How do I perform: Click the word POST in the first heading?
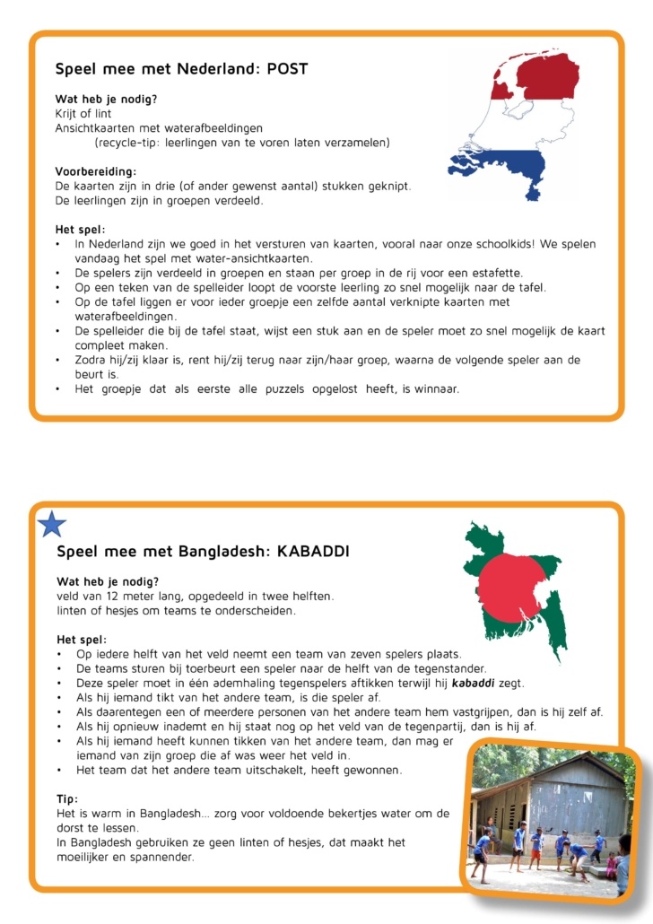(x=288, y=68)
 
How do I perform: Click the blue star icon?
(x=52, y=524)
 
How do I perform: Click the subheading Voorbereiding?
(x=95, y=171)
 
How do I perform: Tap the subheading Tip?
(x=66, y=798)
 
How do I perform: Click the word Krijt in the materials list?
(x=68, y=113)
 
